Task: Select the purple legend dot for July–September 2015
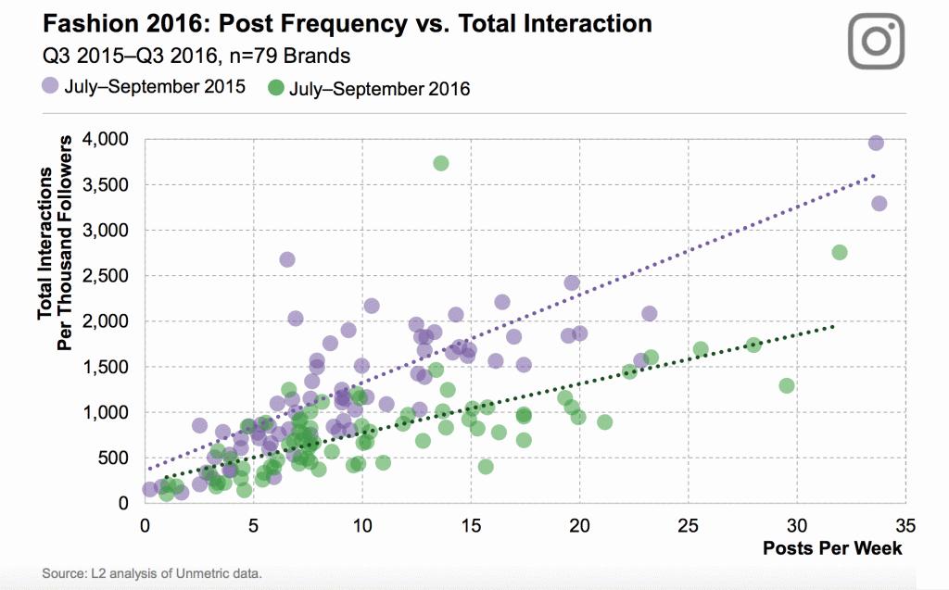[50, 87]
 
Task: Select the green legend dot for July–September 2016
[275, 89]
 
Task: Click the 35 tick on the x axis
[905, 525]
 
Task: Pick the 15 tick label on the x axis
[471, 525]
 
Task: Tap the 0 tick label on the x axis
[145, 525]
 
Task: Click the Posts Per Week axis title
[832, 547]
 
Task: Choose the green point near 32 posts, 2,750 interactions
[840, 252]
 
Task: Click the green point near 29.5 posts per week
[787, 385]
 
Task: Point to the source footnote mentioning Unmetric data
[152, 573]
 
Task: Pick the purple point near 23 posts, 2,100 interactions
[649, 314]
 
